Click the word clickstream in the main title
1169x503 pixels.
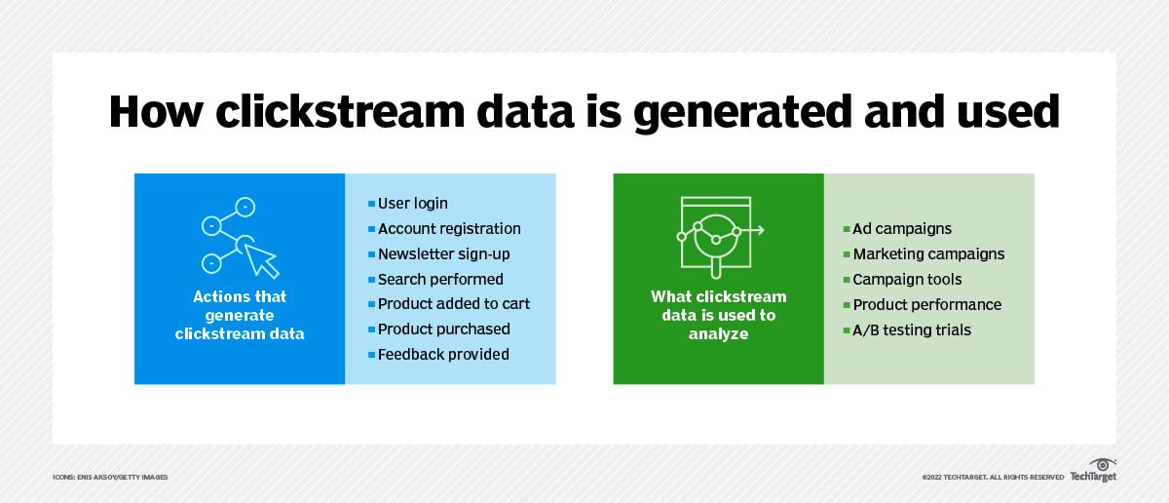pyautogui.click(x=340, y=111)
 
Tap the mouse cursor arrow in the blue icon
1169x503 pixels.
pyautogui.click(x=262, y=260)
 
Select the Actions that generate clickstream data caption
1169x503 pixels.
pyautogui.click(x=240, y=315)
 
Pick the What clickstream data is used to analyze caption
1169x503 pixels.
pyautogui.click(x=719, y=315)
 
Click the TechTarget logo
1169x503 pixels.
pyautogui.click(x=1093, y=470)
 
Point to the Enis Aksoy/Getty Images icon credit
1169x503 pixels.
pyautogui.click(x=110, y=477)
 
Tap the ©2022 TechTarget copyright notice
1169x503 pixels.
pyautogui.click(x=993, y=477)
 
